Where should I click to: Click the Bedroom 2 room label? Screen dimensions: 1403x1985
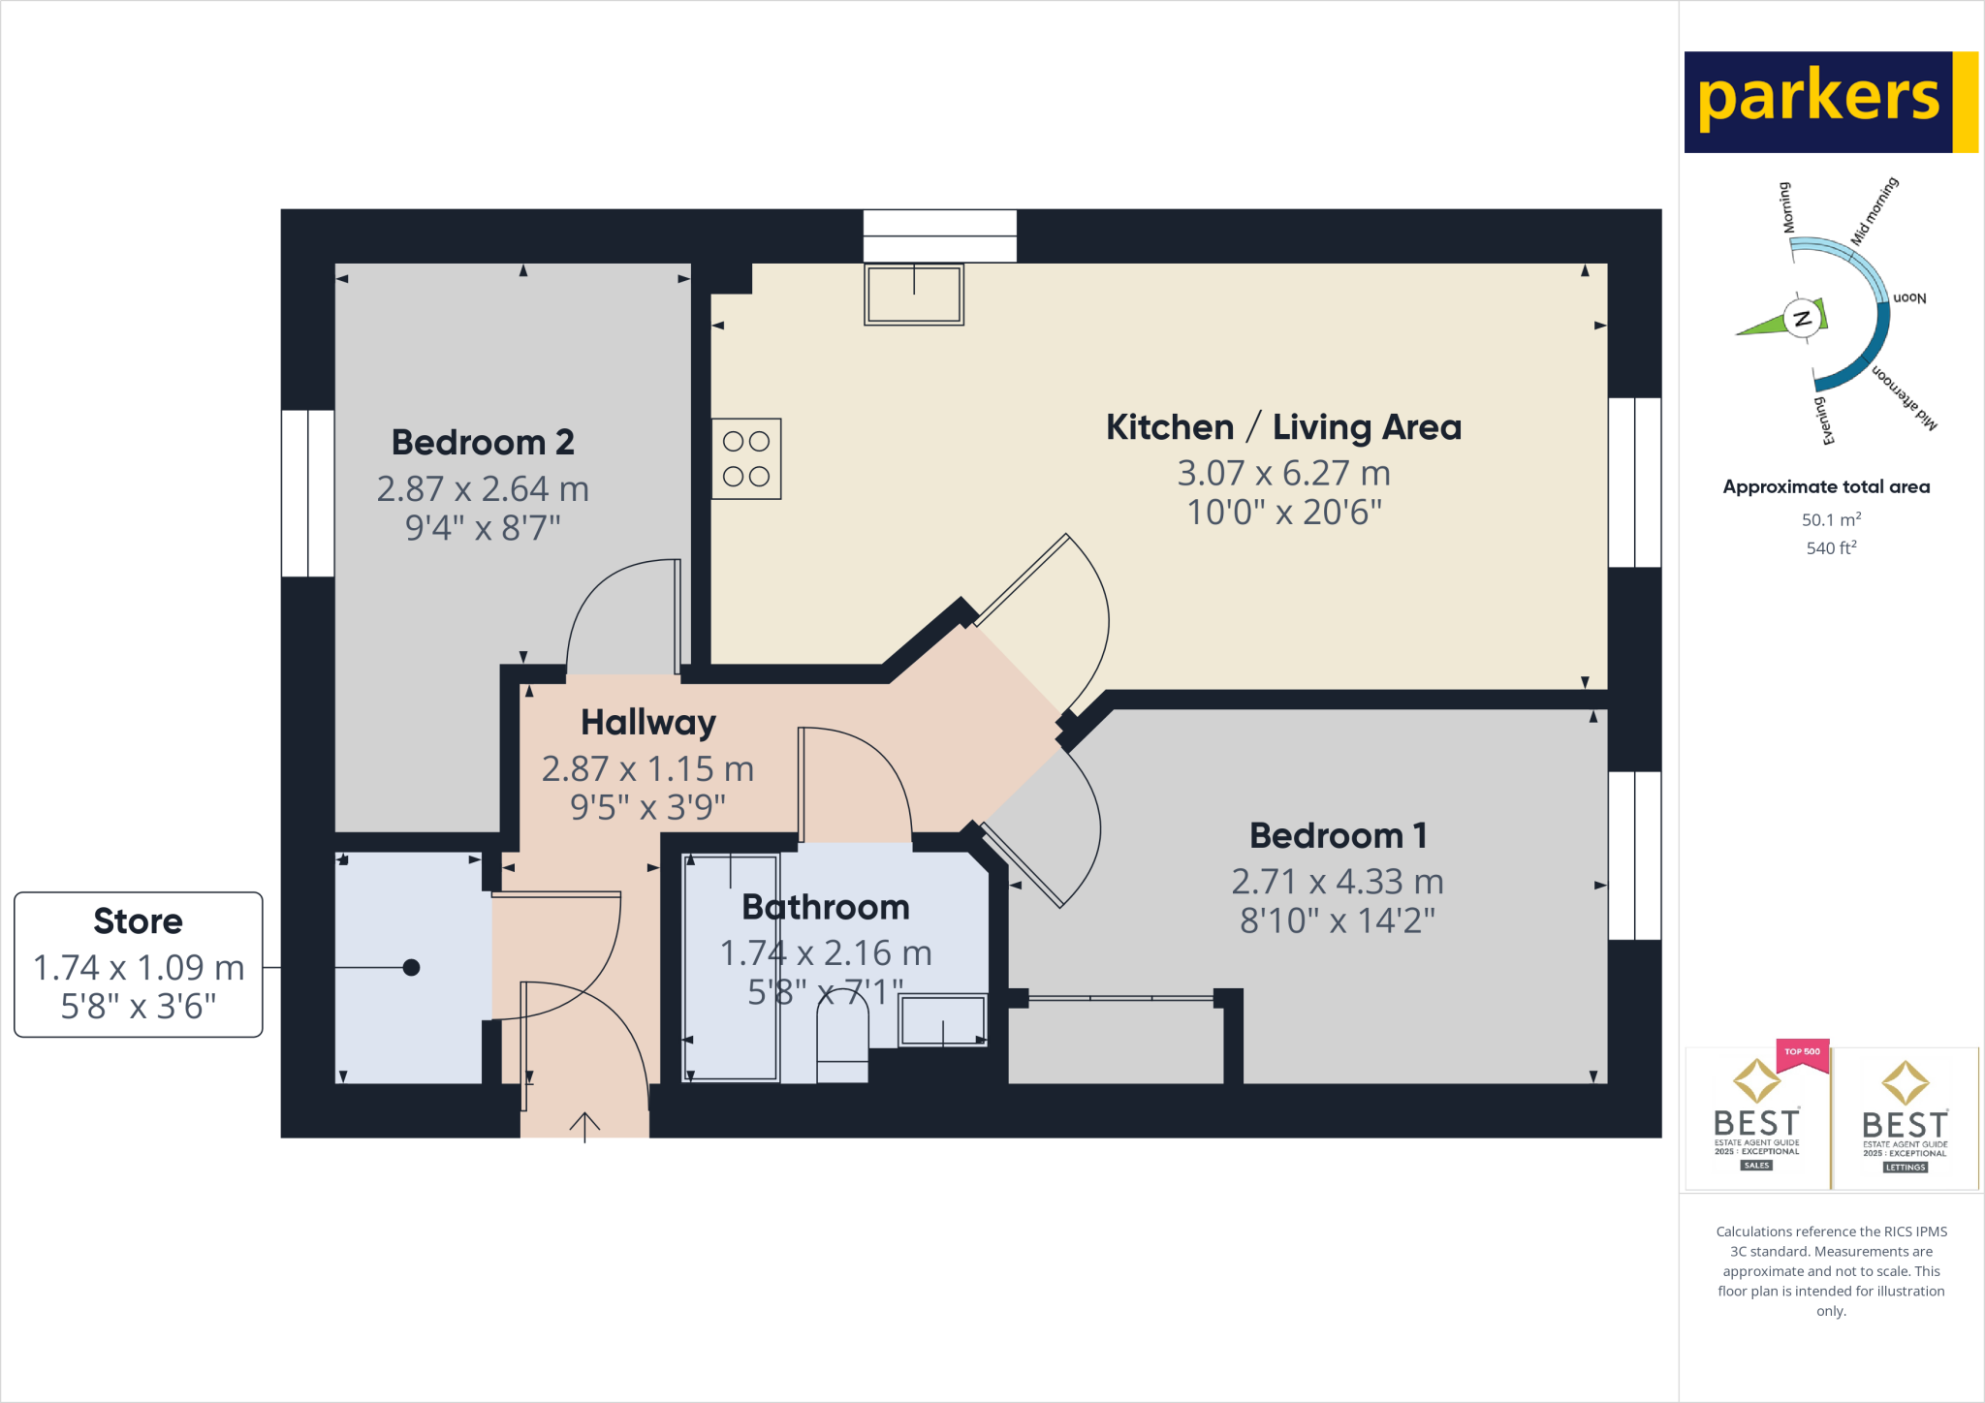pyautogui.click(x=483, y=443)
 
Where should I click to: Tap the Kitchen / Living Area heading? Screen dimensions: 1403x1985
pyautogui.click(x=1283, y=427)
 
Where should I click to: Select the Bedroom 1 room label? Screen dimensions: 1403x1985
pyautogui.click(x=1338, y=835)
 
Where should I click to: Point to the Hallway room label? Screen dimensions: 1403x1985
pyautogui.click(x=648, y=723)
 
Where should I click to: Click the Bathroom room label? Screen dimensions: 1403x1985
pyautogui.click(x=826, y=907)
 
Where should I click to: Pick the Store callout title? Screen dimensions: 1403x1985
pyautogui.click(x=138, y=921)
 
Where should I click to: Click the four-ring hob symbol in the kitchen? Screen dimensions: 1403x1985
pyautogui.click(x=746, y=459)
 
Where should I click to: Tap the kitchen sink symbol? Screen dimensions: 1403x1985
pyautogui.click(x=914, y=295)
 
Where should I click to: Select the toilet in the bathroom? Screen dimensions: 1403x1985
pyautogui.click(x=842, y=1037)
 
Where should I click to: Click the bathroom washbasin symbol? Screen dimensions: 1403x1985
pyautogui.click(x=943, y=1020)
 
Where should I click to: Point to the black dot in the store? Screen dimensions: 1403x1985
pyautogui.click(x=411, y=967)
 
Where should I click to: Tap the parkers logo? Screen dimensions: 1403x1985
pyautogui.click(x=1819, y=101)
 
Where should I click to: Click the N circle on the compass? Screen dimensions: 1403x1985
pyautogui.click(x=1803, y=318)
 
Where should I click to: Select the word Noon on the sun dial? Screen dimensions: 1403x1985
pyautogui.click(x=1909, y=298)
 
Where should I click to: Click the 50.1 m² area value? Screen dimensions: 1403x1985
pyautogui.click(x=1831, y=520)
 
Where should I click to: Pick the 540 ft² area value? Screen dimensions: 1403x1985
pyautogui.click(x=1831, y=548)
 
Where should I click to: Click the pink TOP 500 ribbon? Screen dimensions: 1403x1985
pyautogui.click(x=1802, y=1053)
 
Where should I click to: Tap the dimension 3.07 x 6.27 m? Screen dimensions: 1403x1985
pyautogui.click(x=1283, y=474)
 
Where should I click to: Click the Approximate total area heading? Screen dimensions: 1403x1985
pyautogui.click(x=1826, y=487)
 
